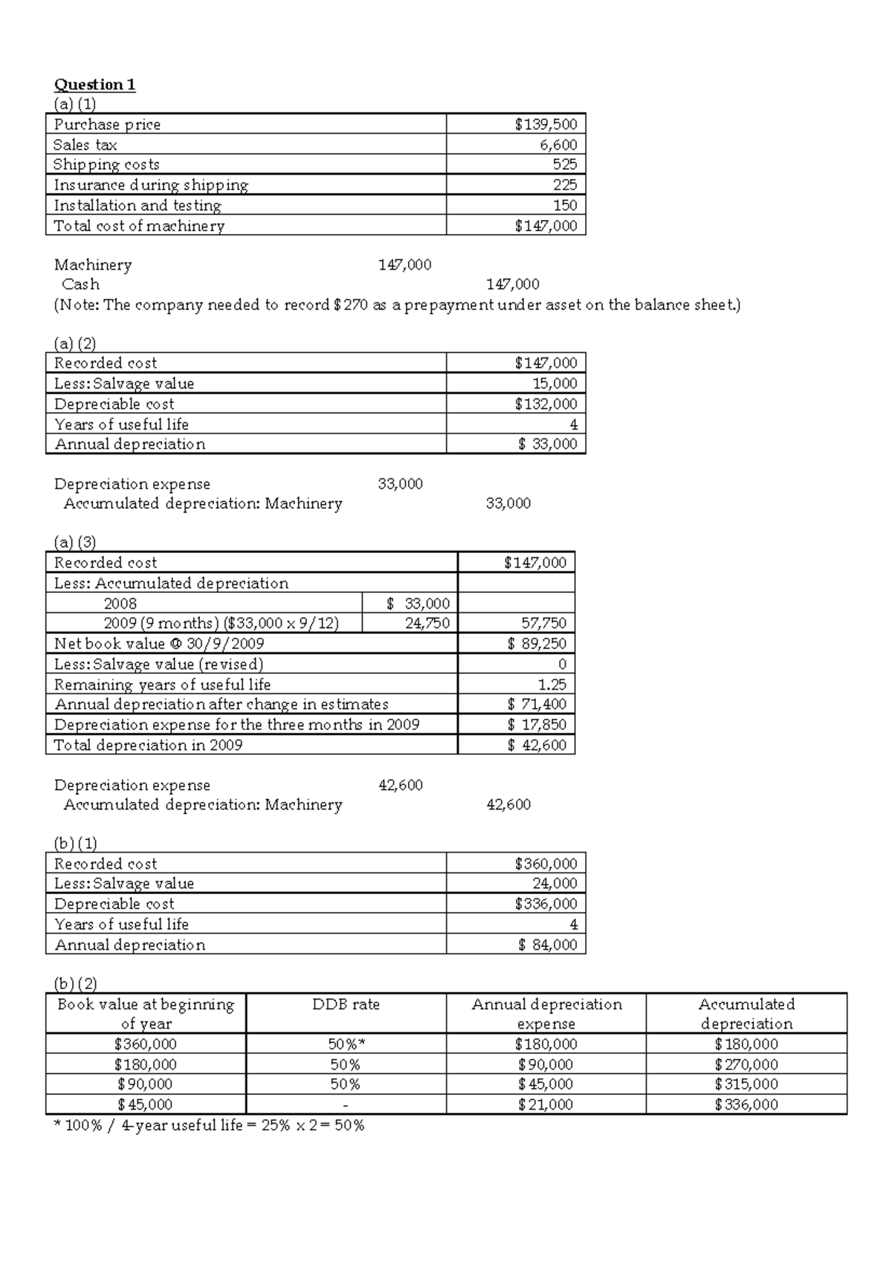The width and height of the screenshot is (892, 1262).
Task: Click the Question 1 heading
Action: [x=94, y=84]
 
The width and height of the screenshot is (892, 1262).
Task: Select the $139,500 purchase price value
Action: [x=545, y=124]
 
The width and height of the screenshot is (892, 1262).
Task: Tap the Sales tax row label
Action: [x=85, y=145]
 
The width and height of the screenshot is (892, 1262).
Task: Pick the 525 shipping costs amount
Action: [x=564, y=164]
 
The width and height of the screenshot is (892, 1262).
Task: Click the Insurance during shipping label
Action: [x=151, y=185]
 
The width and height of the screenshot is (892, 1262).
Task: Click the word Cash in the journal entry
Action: [x=80, y=284]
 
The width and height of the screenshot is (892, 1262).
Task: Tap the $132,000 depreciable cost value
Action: [x=545, y=404]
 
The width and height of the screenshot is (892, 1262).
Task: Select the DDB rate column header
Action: [x=346, y=1004]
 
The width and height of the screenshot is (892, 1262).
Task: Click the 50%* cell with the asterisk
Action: [x=346, y=1044]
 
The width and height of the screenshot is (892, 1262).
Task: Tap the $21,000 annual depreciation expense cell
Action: [x=545, y=1104]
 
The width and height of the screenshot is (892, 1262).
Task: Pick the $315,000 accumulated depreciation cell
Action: [x=746, y=1084]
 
